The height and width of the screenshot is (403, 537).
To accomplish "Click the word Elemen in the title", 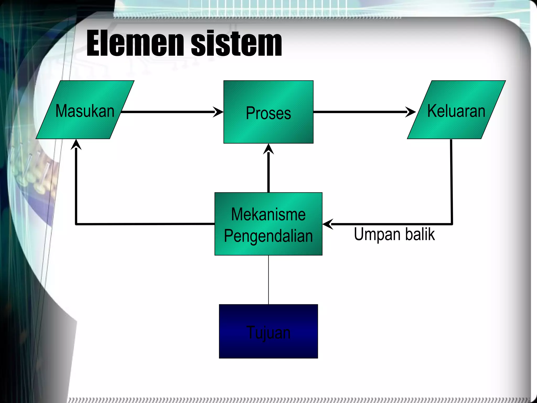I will coord(135,43).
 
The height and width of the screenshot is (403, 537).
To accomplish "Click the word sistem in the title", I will coord(236,43).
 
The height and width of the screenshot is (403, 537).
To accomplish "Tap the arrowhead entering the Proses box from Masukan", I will coord(218,112).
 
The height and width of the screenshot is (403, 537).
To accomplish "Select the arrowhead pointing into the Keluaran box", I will coord(411,112).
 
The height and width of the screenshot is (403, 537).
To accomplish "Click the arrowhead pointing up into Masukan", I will coord(76,144).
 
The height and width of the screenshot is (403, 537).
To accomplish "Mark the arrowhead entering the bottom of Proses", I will coord(268,149).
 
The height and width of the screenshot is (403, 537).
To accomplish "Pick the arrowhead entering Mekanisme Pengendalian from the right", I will coord(328,224).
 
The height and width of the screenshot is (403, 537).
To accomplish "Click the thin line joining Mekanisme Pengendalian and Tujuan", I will coord(268,280).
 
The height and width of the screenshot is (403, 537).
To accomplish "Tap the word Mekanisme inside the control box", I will coord(268,214).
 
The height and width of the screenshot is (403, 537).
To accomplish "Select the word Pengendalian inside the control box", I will coord(268,236).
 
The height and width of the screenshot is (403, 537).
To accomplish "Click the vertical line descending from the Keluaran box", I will coord(452,181).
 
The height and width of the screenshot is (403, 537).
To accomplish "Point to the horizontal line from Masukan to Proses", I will coord(168,112).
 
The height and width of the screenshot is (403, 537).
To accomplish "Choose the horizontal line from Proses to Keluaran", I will coord(359,112).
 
